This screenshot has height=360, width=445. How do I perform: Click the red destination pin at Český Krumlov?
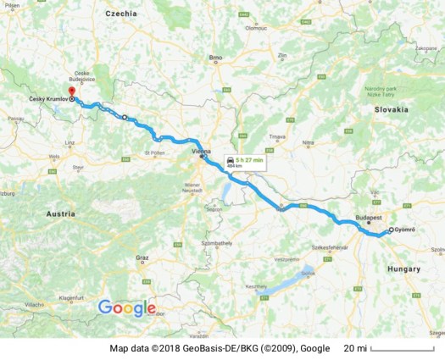coord(71,91)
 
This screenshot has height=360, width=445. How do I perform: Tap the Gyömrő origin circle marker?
coord(392,230)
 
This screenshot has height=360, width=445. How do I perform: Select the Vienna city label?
coord(201,152)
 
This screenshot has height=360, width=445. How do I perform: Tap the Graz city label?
coord(142,257)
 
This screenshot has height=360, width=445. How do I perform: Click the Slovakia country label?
coord(392,109)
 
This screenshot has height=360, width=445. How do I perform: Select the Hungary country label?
coord(403,269)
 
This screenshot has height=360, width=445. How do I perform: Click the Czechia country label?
coord(121,14)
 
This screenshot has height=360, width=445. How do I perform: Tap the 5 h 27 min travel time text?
coord(251,159)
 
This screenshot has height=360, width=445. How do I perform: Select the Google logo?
coord(127,307)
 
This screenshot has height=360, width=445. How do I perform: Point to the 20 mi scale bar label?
coord(355,348)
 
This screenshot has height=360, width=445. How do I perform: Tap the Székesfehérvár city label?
coord(331,247)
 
